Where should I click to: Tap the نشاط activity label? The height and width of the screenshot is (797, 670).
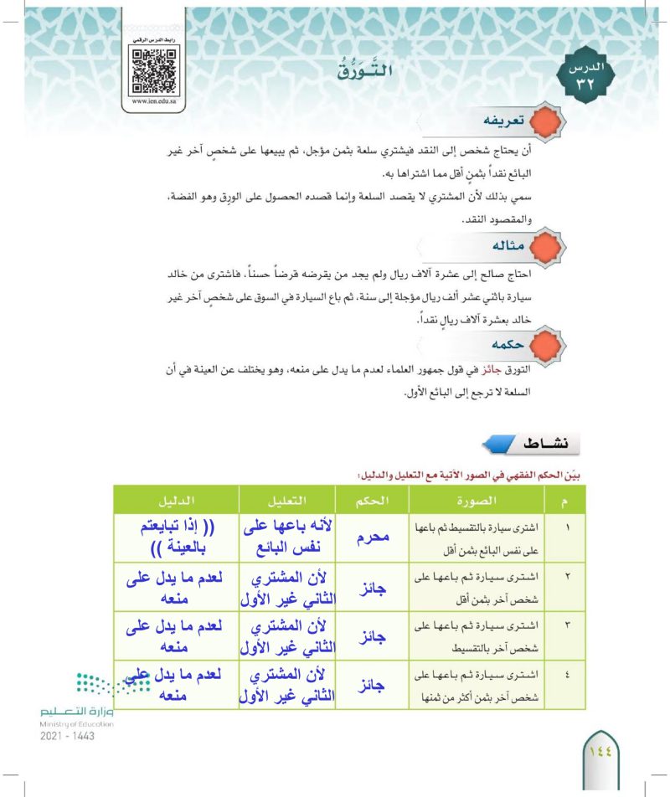point(524,442)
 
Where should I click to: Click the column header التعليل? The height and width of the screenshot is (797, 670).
point(287,500)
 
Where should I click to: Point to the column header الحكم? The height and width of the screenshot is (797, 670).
point(371,500)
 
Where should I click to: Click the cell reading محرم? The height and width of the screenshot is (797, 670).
point(371,537)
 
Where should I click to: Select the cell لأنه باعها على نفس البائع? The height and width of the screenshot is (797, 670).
point(287,537)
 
